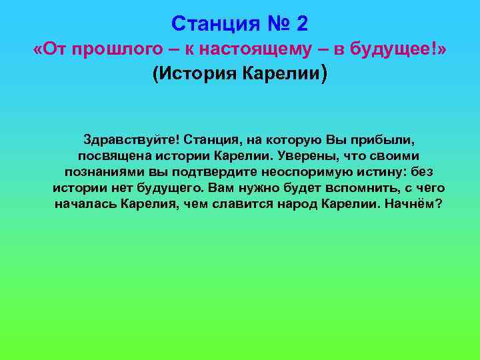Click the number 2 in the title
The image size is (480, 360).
302,24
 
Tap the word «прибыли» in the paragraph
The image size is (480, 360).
372,141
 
